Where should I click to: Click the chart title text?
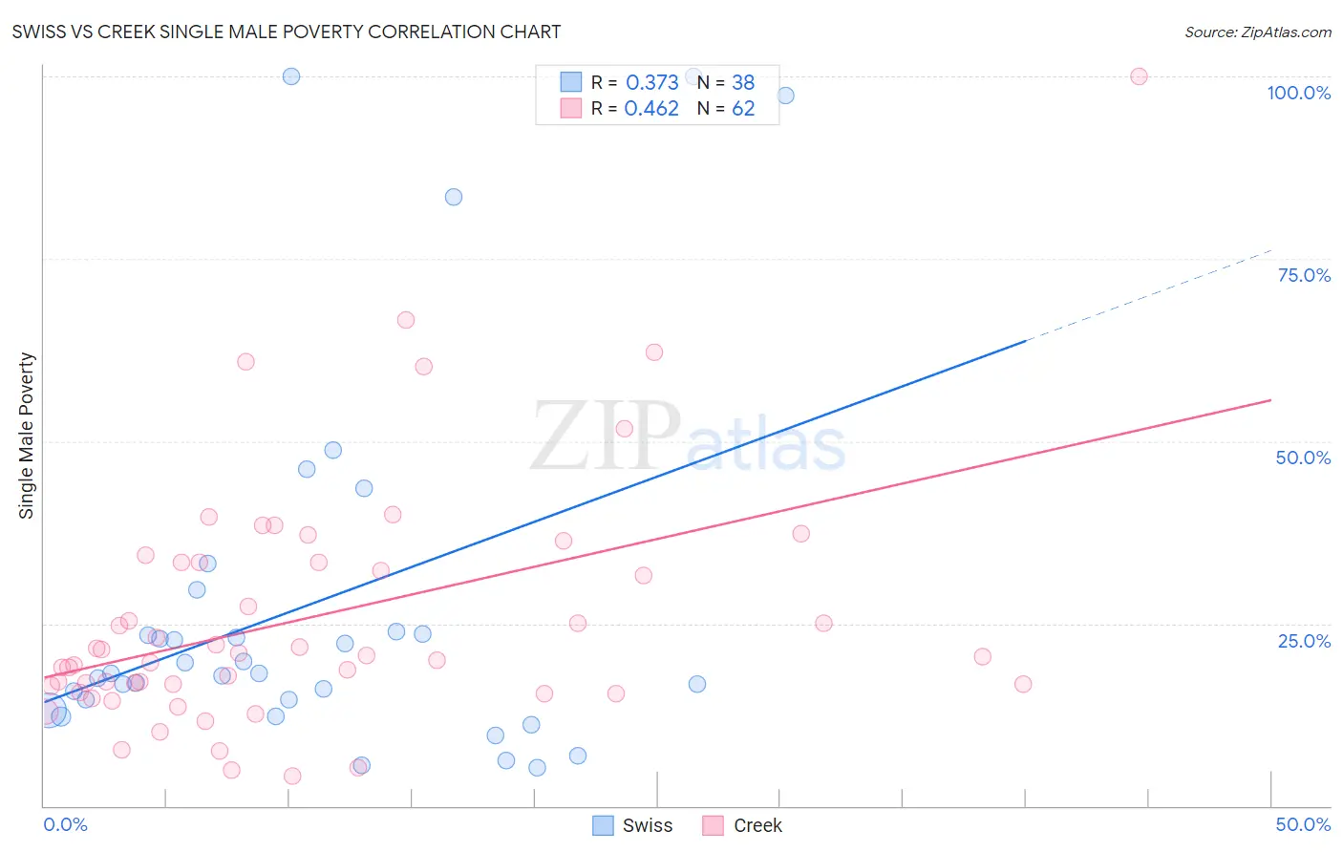286,32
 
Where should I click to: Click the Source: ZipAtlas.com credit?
1257,32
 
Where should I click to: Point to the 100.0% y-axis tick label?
1298,93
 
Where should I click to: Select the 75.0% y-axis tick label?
1304,275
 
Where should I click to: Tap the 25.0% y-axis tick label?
1304,640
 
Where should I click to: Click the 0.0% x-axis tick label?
65,824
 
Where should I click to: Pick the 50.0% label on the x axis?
1303,824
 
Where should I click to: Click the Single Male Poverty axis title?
27,436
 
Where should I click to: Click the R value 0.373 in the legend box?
651,82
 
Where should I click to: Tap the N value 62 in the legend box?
743,108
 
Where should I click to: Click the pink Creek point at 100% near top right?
1139,76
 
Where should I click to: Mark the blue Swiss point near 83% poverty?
454,197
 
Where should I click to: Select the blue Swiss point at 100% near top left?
291,76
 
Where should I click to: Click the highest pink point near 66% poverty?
406,320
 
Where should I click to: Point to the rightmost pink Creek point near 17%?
1023,684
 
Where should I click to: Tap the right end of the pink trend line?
1268,400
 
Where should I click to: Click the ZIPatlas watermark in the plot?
688,437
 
